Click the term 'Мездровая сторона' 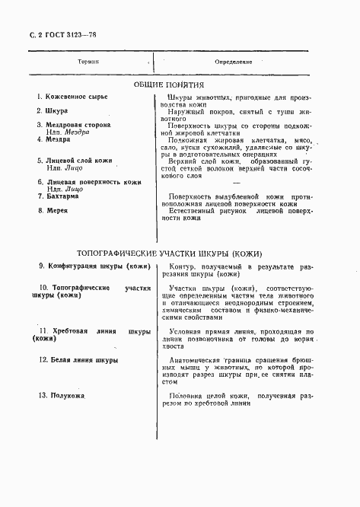point(79,124)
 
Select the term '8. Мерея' point(53,211)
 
